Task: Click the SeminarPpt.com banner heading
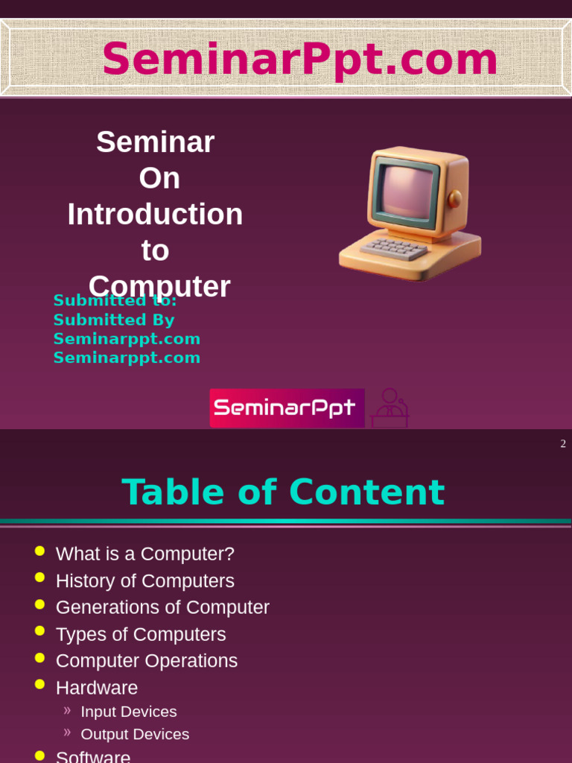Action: click(x=299, y=59)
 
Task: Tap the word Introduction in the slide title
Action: click(x=155, y=214)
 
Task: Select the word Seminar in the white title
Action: click(x=155, y=142)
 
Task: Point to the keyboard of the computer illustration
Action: click(x=394, y=248)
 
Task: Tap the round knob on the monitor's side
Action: click(x=455, y=198)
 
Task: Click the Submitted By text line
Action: click(x=114, y=320)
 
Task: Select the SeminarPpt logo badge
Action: click(x=287, y=408)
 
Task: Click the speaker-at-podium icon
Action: click(x=390, y=408)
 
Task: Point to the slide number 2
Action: click(x=563, y=444)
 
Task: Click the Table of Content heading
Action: click(x=283, y=493)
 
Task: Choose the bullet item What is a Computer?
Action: click(x=145, y=554)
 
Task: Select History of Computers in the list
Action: click(x=145, y=580)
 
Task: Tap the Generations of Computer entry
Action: click(x=162, y=607)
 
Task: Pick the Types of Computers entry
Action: click(x=141, y=634)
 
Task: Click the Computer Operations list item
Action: click(x=147, y=661)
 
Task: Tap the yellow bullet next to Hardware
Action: click(x=40, y=684)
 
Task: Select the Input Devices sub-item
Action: click(x=128, y=712)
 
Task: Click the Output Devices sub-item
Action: click(x=135, y=734)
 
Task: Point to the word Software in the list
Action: click(x=93, y=757)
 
